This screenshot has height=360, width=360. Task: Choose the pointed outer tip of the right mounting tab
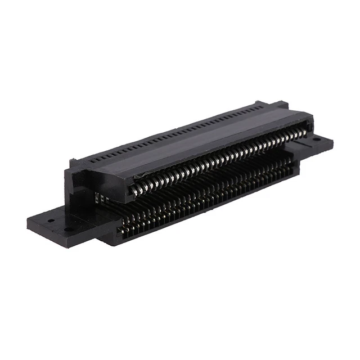click(331, 141)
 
